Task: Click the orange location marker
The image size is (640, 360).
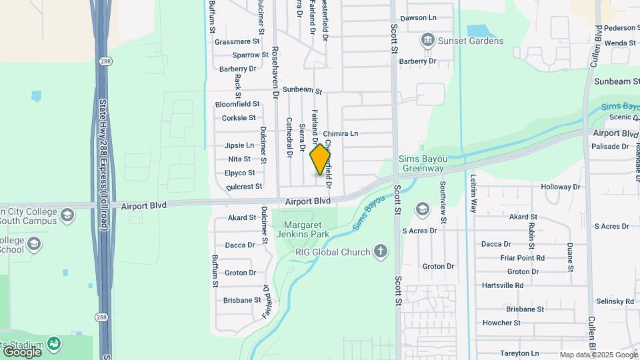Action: coord(321,159)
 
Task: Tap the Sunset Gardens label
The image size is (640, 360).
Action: coord(471,41)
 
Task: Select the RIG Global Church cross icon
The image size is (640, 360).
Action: coord(380,251)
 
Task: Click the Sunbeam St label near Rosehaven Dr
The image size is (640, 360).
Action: coord(302,90)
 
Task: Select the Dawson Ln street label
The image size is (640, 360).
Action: coord(418,18)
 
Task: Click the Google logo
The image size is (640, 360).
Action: coord(22,351)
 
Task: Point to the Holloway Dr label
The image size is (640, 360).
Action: coord(561,187)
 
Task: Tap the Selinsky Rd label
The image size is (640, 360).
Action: coord(615,301)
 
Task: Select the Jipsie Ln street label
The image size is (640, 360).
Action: coord(239,145)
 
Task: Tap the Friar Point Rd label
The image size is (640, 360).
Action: coord(522,257)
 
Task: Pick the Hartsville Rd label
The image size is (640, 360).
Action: coord(503,285)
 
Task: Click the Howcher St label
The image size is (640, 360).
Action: coord(502,323)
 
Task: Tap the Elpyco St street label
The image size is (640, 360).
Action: coord(241,173)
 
